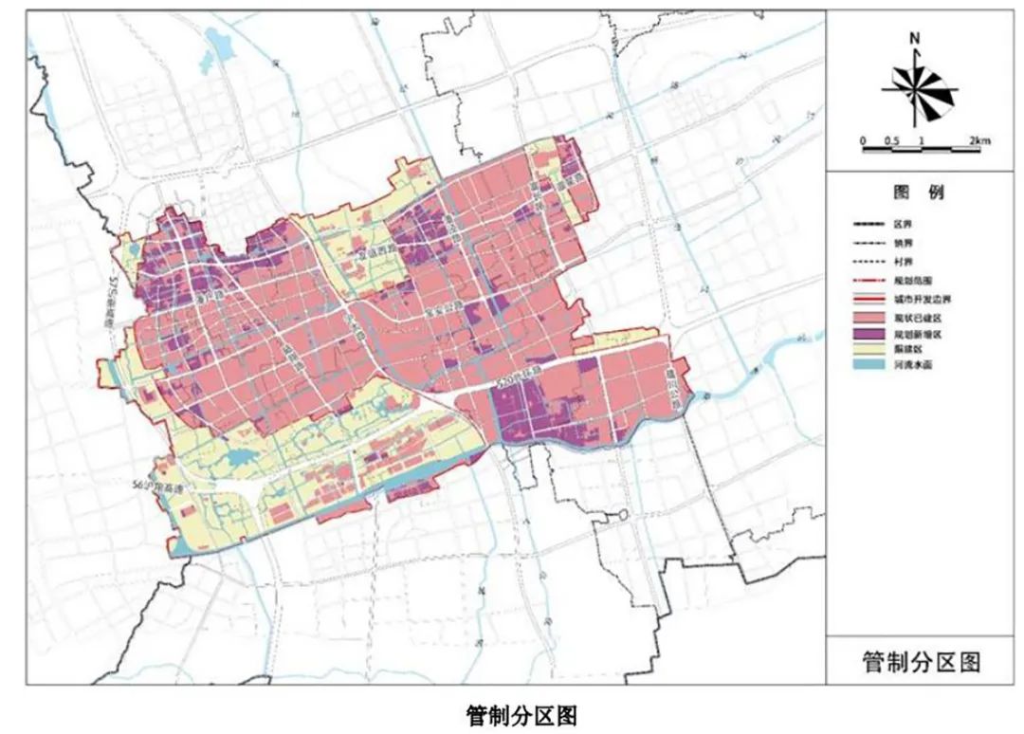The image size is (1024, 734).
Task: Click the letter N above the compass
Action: tap(915, 39)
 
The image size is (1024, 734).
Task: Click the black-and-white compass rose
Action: tap(916, 88)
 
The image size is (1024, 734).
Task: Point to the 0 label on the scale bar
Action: tap(864, 141)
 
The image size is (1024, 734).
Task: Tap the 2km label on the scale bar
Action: tap(978, 141)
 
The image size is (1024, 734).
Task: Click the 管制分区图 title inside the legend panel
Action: tap(920, 662)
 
